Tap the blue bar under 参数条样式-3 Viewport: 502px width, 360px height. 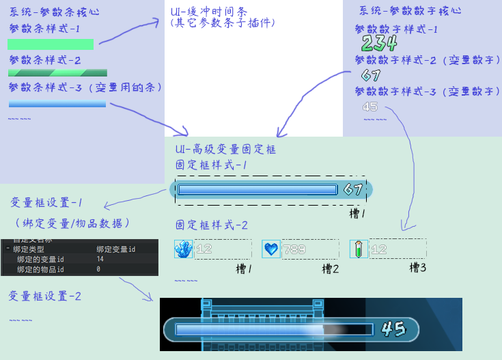[57, 104]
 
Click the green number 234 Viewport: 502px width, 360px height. [379, 44]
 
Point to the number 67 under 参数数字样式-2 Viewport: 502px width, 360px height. [371, 75]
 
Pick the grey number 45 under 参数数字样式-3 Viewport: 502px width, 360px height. [370, 107]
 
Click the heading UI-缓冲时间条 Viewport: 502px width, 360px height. [208, 11]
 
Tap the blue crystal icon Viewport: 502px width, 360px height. [184, 249]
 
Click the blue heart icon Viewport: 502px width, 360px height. [271, 249]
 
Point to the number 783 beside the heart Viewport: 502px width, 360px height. [294, 249]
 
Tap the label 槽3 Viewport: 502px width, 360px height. [418, 268]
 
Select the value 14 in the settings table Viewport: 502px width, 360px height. [100, 260]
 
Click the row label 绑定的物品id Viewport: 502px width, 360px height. [40, 270]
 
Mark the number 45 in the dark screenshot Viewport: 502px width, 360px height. [393, 329]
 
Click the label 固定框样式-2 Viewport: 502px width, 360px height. [212, 225]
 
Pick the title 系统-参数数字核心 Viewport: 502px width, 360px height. [410, 11]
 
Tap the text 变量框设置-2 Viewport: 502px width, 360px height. [45, 296]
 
